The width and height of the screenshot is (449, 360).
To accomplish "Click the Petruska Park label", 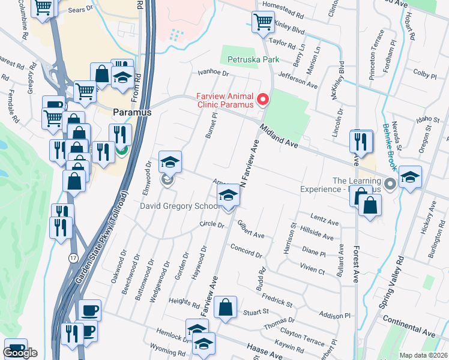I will (x=254, y=60).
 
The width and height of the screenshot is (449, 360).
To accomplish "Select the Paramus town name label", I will (x=131, y=112).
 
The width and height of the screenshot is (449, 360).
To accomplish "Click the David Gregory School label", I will (x=179, y=206).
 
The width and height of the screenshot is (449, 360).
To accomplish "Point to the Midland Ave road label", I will (x=279, y=136).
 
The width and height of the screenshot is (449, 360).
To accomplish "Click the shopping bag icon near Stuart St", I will (x=225, y=307).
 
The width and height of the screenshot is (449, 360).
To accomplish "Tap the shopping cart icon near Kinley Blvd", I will (x=263, y=22).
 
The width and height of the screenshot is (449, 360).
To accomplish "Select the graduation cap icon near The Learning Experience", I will (x=410, y=176).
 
